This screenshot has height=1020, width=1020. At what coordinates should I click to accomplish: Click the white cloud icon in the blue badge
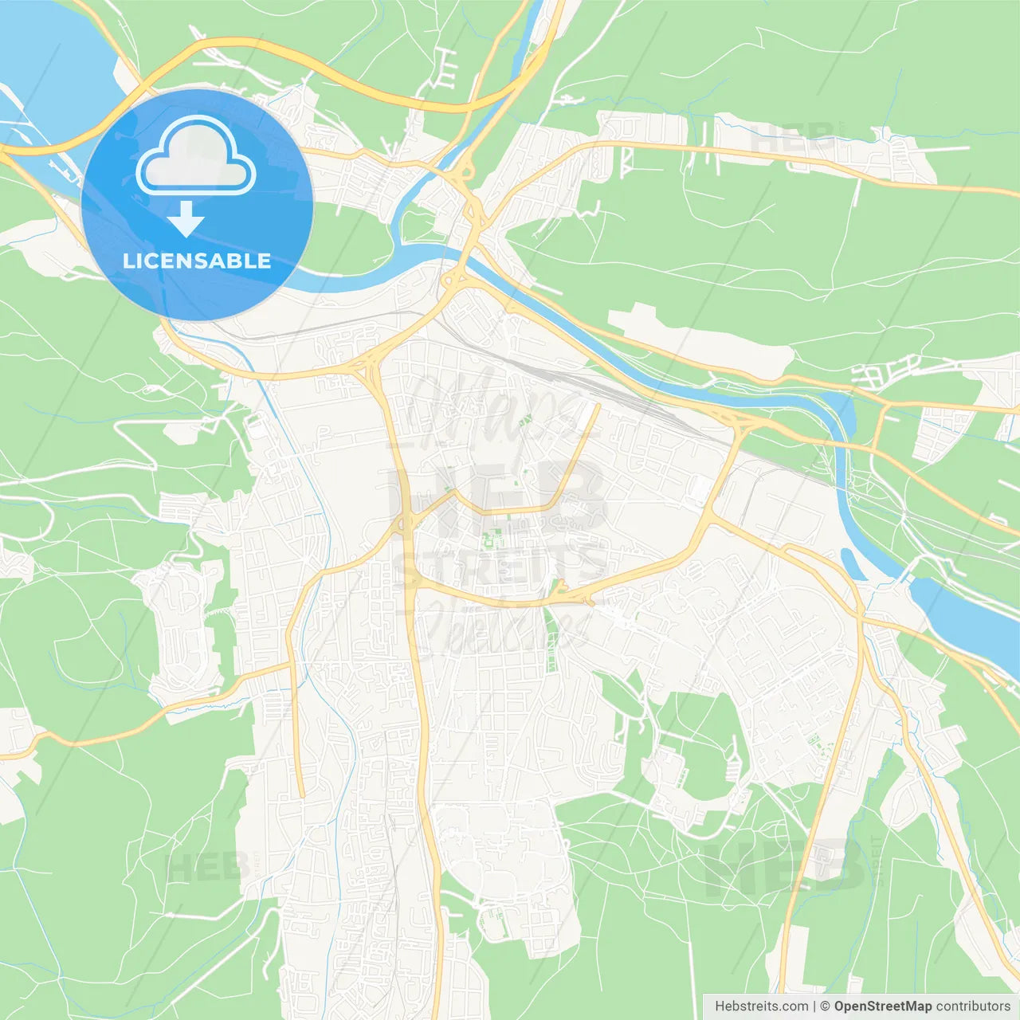(x=196, y=156)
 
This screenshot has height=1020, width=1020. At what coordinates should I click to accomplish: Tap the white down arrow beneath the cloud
(x=186, y=219)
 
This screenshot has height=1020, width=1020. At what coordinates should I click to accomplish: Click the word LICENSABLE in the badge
(x=197, y=261)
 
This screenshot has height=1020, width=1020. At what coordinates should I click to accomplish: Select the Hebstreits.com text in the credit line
(x=762, y=1006)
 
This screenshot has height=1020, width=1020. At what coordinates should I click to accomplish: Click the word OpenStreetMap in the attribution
(x=882, y=1006)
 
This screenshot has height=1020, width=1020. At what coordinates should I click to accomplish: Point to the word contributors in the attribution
(x=973, y=1006)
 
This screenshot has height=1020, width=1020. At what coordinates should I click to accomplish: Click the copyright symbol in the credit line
(x=826, y=1006)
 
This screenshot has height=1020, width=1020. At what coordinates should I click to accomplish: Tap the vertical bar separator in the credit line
(x=814, y=1006)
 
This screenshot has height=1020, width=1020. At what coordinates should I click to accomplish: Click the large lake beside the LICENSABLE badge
(x=48, y=80)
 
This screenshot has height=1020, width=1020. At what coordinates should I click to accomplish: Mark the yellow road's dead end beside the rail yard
(x=598, y=406)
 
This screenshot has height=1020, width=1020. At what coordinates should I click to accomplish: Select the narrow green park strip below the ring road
(x=551, y=637)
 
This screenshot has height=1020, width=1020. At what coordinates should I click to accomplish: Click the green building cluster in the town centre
(x=489, y=542)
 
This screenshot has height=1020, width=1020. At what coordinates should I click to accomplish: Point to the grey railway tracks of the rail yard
(x=558, y=375)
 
